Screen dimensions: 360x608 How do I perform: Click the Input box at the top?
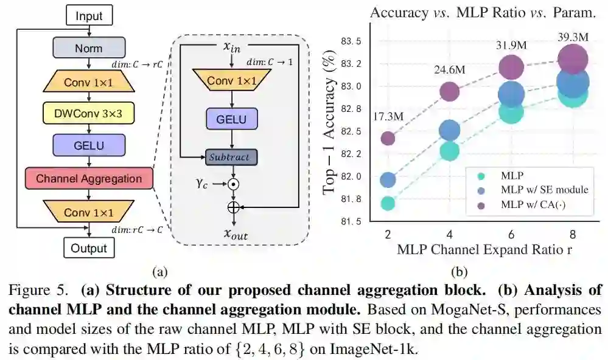pos(89,16)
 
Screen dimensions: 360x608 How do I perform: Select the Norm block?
pos(89,47)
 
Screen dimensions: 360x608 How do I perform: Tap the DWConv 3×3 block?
pos(89,112)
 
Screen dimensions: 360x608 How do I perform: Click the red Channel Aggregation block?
pos(89,179)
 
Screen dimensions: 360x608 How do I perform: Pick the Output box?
pos(89,248)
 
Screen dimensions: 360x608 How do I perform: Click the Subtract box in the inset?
pos(231,157)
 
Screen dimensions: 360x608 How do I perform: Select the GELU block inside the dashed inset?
pos(231,119)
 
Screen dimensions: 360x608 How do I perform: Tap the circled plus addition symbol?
pos(232,207)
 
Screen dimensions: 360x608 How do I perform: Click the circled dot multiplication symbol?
pos(232,182)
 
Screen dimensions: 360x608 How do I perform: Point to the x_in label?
pos(231,47)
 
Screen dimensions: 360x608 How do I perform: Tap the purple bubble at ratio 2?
pos(388,138)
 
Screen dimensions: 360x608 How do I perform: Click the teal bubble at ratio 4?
pos(449,151)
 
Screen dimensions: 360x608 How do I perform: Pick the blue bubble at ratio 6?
pos(511,94)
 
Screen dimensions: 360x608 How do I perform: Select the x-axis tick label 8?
pos(572,234)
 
